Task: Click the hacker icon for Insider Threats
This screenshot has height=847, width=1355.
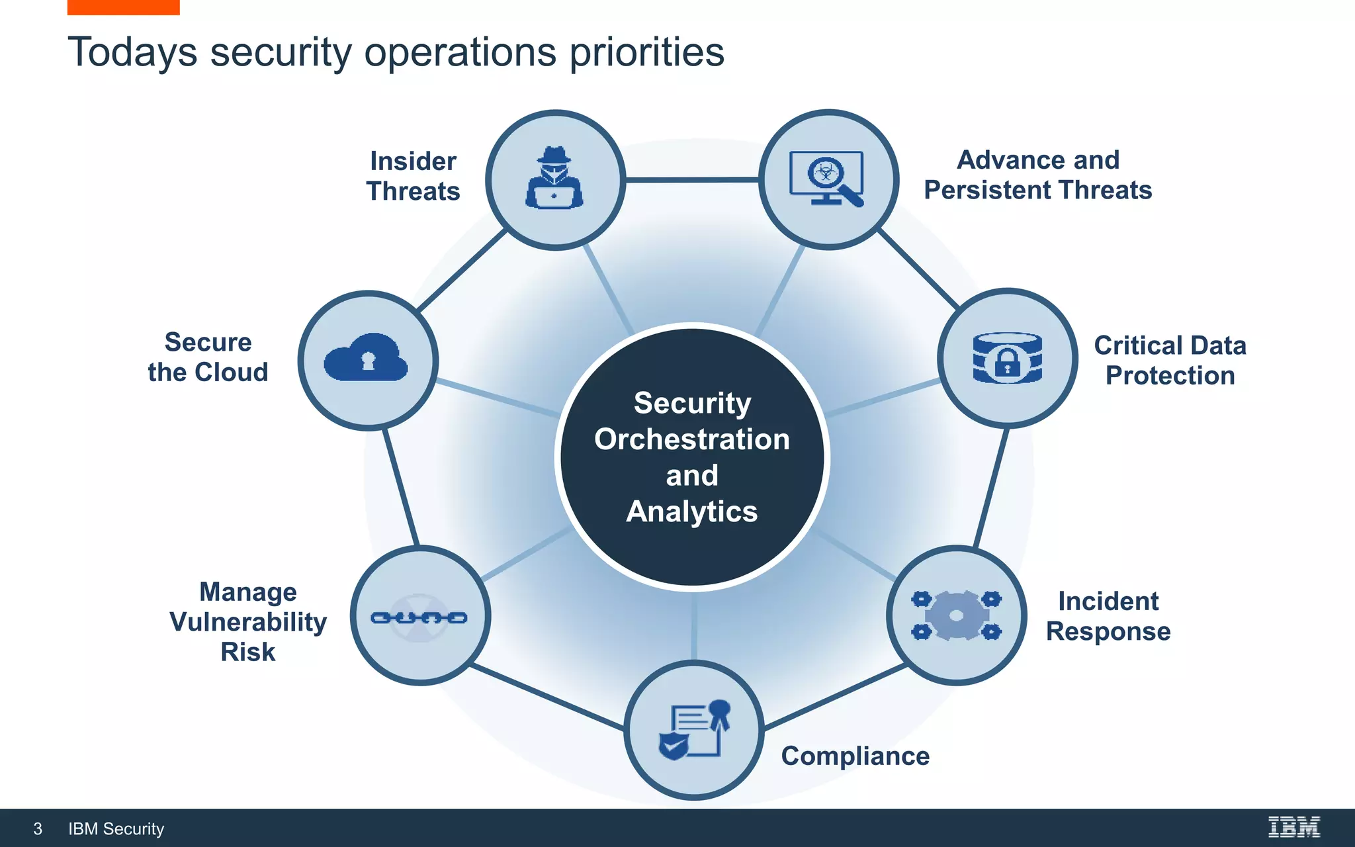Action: click(x=554, y=179)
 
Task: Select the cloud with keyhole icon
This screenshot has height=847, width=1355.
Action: click(x=366, y=358)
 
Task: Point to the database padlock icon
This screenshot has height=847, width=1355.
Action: click(x=1007, y=358)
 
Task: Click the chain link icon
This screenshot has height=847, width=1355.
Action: click(x=419, y=617)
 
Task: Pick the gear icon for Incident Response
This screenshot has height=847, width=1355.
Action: click(x=956, y=616)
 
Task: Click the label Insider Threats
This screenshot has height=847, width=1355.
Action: click(x=413, y=176)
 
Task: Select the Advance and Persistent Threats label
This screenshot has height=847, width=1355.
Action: click(x=1037, y=175)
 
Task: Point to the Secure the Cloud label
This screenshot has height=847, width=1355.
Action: click(x=208, y=357)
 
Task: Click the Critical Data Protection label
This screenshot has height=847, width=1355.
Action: click(x=1170, y=360)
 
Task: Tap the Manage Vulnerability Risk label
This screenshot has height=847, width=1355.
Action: click(x=248, y=621)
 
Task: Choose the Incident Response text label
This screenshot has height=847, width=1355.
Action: click(x=1108, y=616)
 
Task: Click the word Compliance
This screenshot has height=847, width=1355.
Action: click(x=855, y=756)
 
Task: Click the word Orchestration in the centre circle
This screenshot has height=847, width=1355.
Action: click(x=692, y=439)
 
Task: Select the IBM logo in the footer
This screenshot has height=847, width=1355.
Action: click(x=1293, y=827)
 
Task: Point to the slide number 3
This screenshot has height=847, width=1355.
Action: click(x=38, y=828)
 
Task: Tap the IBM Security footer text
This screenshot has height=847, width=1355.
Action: click(x=116, y=828)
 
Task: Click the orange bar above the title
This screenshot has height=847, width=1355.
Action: click(x=123, y=7)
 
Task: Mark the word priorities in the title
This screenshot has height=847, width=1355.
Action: click(x=646, y=52)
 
